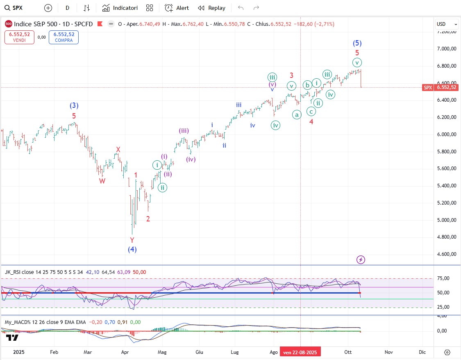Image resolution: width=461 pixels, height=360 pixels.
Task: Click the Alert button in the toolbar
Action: pyautogui.click(x=177, y=8)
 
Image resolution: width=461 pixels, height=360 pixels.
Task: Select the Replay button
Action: pyautogui.click(x=211, y=8)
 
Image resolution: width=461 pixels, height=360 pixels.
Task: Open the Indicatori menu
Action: pyautogui.click(x=120, y=8)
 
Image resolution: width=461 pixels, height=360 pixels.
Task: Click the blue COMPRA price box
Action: pyautogui.click(x=64, y=37)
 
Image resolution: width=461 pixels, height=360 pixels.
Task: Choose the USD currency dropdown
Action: pyautogui.click(x=446, y=24)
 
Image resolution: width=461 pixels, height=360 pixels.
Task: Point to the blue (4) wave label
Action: pyautogui.click(x=132, y=249)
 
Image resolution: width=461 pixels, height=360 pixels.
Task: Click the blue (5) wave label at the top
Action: pyautogui.click(x=357, y=43)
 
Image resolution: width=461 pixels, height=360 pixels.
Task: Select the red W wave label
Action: pyautogui.click(x=102, y=181)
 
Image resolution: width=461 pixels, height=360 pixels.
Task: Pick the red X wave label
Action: pyautogui.click(x=118, y=150)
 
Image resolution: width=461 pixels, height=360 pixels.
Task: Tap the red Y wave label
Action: pyautogui.click(x=132, y=240)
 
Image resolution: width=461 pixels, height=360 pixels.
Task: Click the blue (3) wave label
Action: pyautogui.click(x=74, y=106)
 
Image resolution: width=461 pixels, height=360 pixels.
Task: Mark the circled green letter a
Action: pyautogui.click(x=297, y=115)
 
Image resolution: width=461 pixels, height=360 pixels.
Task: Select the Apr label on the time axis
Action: pyautogui.click(x=125, y=352)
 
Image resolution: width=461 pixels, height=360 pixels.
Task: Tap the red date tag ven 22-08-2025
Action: pyautogui.click(x=300, y=352)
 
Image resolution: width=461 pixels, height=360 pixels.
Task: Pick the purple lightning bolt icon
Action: pyautogui.click(x=361, y=260)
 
